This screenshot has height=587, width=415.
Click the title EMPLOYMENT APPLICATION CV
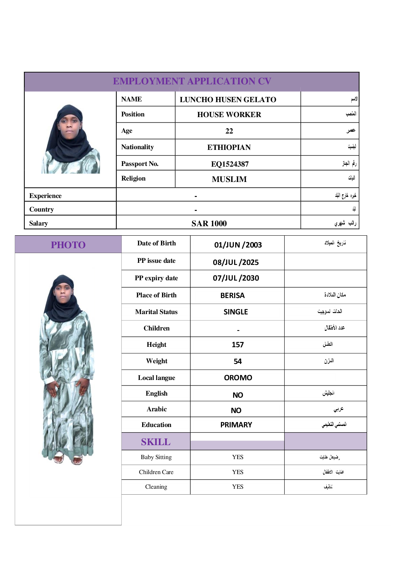[192, 81]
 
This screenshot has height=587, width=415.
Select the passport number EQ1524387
[230, 164]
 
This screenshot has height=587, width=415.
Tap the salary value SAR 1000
[209, 223]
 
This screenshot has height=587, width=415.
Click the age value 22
[229, 131]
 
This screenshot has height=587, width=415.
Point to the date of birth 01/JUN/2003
[238, 245]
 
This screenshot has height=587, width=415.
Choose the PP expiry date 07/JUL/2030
[236, 278]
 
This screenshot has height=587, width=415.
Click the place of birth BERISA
[232, 296]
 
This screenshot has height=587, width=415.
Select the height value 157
[238, 345]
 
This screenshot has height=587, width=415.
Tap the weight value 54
[238, 361]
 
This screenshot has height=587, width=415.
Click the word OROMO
[238, 378]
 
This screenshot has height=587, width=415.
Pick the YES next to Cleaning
[238, 487]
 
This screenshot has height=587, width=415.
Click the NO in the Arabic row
[236, 411]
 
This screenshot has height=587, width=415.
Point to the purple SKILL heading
[156, 442]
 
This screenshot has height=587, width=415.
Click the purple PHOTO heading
[68, 245]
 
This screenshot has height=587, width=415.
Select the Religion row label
[133, 178]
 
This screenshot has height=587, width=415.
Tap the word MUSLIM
[229, 179]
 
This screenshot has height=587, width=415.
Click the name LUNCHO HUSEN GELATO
[228, 100]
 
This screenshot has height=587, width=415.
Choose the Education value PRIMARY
[236, 425]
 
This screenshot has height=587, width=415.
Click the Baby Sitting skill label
[156, 457]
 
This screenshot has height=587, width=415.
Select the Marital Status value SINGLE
[236, 312]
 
